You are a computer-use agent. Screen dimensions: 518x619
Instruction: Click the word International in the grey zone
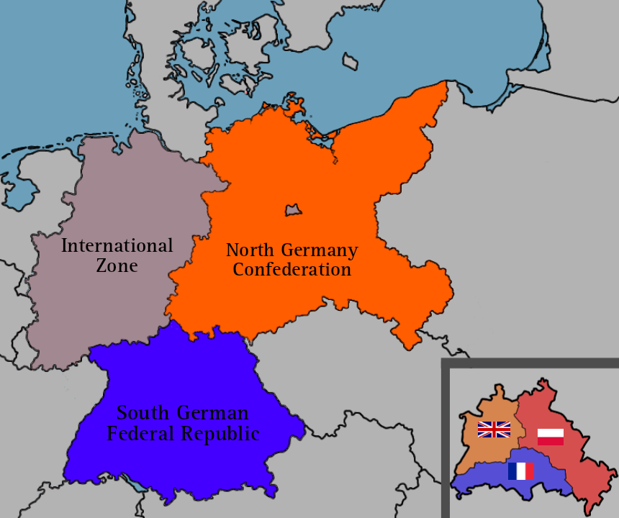coord(117,246)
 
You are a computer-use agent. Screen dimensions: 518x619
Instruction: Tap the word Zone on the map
coord(117,265)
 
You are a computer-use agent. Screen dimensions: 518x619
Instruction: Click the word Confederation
coord(292,270)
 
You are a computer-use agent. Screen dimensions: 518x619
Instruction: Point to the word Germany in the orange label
coord(319,251)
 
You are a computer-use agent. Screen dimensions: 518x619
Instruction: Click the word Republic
coord(220,434)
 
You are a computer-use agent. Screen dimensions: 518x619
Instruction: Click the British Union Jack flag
coord(494,430)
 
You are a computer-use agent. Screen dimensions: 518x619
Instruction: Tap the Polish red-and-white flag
coord(551,436)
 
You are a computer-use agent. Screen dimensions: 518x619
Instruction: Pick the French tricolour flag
coord(520,471)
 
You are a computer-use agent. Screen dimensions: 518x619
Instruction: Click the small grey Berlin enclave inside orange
coord(293,209)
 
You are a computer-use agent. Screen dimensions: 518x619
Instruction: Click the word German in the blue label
coord(214,413)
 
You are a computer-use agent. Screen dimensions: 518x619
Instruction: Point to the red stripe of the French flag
coord(529,471)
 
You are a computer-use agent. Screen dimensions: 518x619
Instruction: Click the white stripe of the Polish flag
coord(551,432)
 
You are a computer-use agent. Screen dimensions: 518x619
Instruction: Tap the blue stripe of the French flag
coord(512,471)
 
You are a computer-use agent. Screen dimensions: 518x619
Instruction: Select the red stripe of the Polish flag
coord(551,440)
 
